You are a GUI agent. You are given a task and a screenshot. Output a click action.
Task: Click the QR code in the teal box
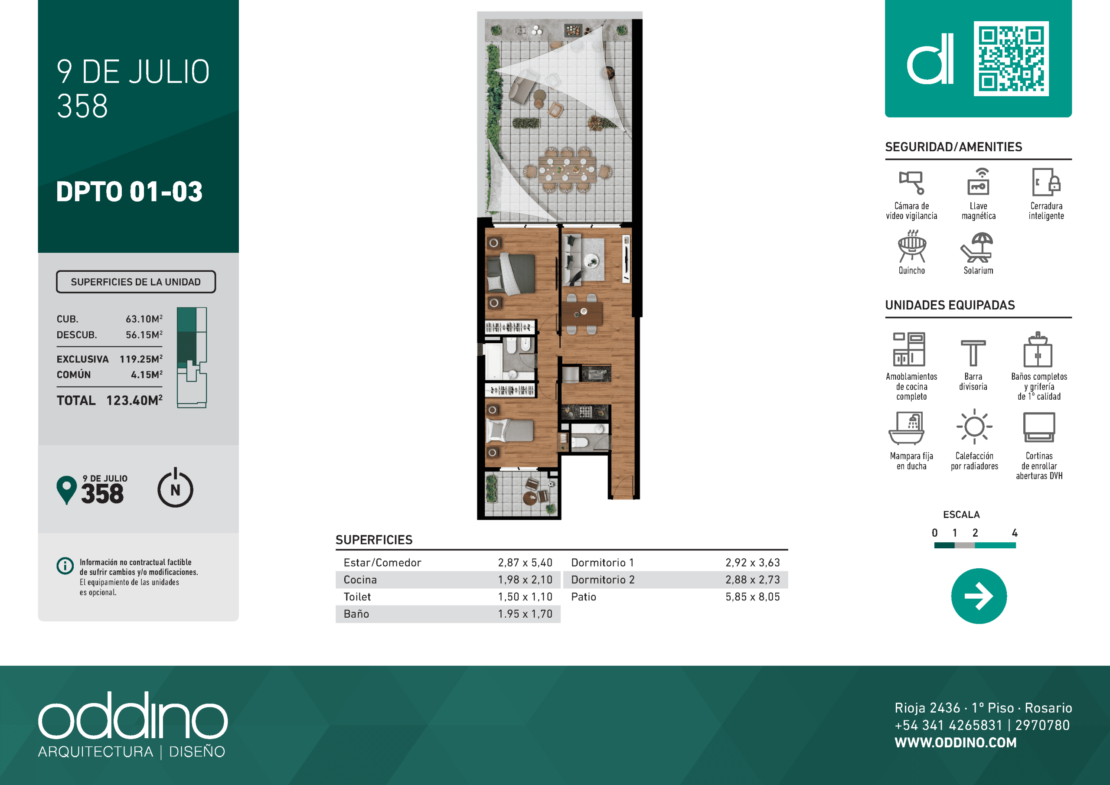click(1011, 59)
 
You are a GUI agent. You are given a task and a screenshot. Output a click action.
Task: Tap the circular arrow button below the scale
click(979, 596)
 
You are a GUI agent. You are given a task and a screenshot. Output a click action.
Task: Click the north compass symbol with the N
click(176, 488)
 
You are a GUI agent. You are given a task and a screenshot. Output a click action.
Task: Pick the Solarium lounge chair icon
click(976, 248)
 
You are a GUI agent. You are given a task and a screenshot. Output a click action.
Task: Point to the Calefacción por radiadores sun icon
click(974, 427)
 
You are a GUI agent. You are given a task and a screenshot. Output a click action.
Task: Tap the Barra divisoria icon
click(973, 352)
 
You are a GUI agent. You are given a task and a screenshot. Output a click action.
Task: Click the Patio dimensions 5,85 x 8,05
click(753, 597)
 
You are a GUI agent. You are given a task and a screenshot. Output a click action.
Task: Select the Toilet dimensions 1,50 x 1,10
click(525, 597)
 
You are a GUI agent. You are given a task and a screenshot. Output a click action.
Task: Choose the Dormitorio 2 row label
click(603, 580)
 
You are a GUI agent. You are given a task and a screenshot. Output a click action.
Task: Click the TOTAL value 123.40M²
click(134, 400)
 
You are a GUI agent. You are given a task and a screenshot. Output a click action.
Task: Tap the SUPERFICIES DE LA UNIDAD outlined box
click(136, 282)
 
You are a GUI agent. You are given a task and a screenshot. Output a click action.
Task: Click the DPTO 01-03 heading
click(129, 192)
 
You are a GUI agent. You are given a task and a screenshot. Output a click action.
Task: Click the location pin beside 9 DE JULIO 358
click(67, 489)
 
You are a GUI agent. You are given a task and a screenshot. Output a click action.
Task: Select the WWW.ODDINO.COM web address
click(956, 743)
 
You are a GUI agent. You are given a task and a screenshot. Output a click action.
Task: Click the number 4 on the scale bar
click(1015, 533)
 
